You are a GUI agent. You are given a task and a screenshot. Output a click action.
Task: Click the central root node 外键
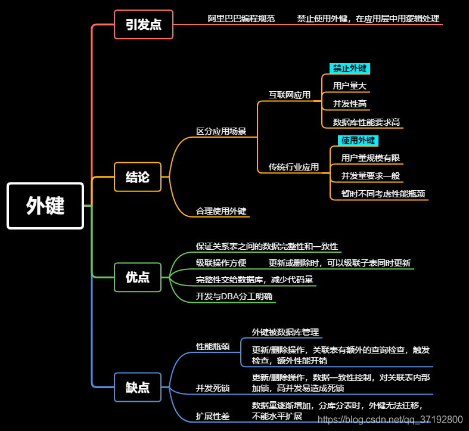(x=45, y=206)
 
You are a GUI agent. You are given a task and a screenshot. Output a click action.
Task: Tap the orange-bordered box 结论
(x=138, y=177)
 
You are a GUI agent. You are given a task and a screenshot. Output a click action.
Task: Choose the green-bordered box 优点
(x=138, y=277)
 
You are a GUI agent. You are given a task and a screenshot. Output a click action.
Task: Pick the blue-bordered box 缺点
(x=138, y=387)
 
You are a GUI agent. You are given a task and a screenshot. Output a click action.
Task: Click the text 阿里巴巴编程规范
(x=241, y=18)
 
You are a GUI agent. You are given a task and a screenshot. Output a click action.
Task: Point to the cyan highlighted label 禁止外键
(x=350, y=69)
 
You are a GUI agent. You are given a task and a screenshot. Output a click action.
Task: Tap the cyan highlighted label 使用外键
(x=358, y=141)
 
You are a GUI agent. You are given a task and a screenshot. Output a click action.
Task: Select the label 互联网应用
(x=290, y=95)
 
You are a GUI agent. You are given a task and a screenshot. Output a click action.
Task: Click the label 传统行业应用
(x=293, y=167)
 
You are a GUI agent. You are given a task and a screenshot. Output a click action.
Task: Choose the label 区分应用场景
(x=221, y=131)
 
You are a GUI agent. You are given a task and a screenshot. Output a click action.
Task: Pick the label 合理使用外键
(x=221, y=211)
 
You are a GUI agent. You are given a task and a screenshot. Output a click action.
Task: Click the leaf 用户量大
(x=349, y=86)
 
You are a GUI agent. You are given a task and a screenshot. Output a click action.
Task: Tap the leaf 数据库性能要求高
(x=366, y=122)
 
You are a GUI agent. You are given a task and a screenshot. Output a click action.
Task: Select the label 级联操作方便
(x=221, y=263)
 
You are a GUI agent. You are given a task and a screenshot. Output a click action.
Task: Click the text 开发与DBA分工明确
(x=234, y=296)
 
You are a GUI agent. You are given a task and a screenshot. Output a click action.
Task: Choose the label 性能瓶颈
(x=213, y=346)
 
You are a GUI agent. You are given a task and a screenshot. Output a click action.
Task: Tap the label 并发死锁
(x=213, y=388)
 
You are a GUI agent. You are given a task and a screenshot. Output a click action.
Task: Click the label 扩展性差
(x=213, y=416)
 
